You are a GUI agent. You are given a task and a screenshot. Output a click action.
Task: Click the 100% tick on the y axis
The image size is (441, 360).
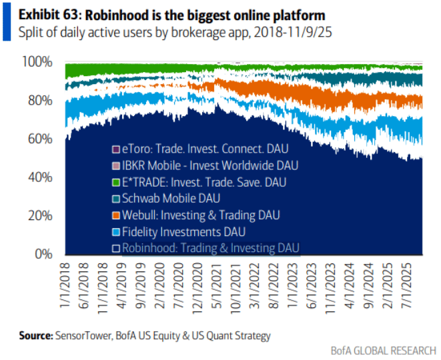tap(39, 62)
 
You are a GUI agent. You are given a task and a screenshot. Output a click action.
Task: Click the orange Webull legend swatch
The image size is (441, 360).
tap(115, 215)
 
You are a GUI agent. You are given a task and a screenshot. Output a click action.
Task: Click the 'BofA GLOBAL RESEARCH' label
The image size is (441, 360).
tap(384, 351)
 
